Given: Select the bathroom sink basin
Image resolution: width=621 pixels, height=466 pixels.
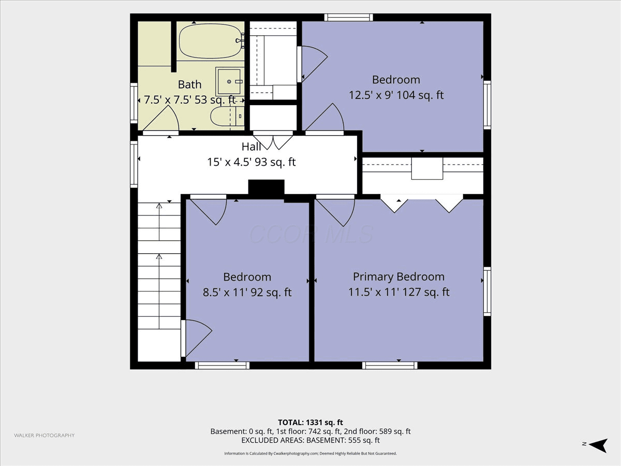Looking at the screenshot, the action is click(229, 81).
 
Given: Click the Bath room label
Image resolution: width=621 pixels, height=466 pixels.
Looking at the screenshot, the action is click(189, 84).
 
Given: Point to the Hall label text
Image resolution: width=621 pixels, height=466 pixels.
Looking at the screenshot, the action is click(251, 147).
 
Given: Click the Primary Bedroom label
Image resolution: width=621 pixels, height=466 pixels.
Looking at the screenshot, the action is click(398, 276).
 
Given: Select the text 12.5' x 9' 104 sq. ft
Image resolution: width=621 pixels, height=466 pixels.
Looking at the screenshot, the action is click(396, 95).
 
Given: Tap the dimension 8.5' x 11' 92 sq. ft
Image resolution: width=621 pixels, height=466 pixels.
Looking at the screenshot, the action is click(247, 292).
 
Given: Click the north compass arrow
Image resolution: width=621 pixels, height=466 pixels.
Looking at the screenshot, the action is click(598, 445).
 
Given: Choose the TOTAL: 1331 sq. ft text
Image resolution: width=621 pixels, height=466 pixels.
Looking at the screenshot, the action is click(310, 423).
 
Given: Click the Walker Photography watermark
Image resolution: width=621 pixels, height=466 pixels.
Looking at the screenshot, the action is click(45, 435).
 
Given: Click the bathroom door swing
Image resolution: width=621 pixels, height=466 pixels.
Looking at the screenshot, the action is click(161, 120).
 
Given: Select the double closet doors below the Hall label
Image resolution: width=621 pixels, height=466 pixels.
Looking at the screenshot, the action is click(273, 140).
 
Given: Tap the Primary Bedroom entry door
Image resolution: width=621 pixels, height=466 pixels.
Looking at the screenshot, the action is click(335, 211).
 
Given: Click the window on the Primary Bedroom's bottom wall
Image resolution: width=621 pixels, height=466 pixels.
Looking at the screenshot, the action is click(390, 366).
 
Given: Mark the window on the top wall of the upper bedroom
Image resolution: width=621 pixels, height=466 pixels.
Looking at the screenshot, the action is click(349, 17).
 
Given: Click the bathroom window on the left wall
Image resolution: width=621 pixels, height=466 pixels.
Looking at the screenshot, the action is click(134, 103).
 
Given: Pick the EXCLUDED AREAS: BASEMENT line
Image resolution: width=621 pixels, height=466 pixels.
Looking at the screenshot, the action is click(310, 440).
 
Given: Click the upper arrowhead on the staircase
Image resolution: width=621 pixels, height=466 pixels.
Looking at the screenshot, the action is click(159, 206).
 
